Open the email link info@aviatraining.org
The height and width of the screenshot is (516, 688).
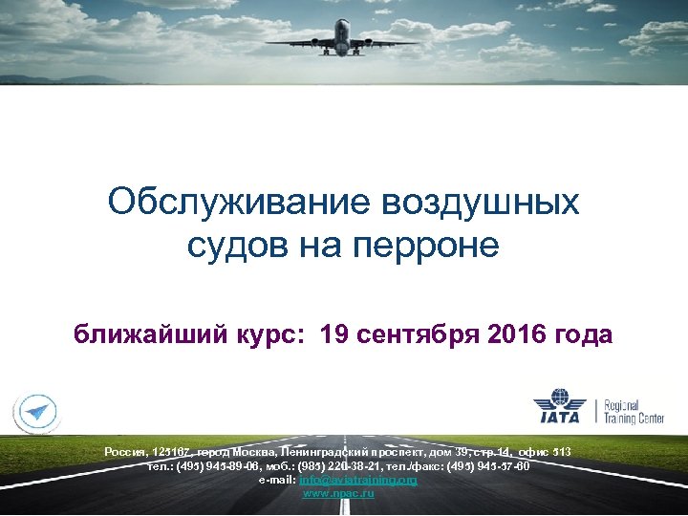358,480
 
